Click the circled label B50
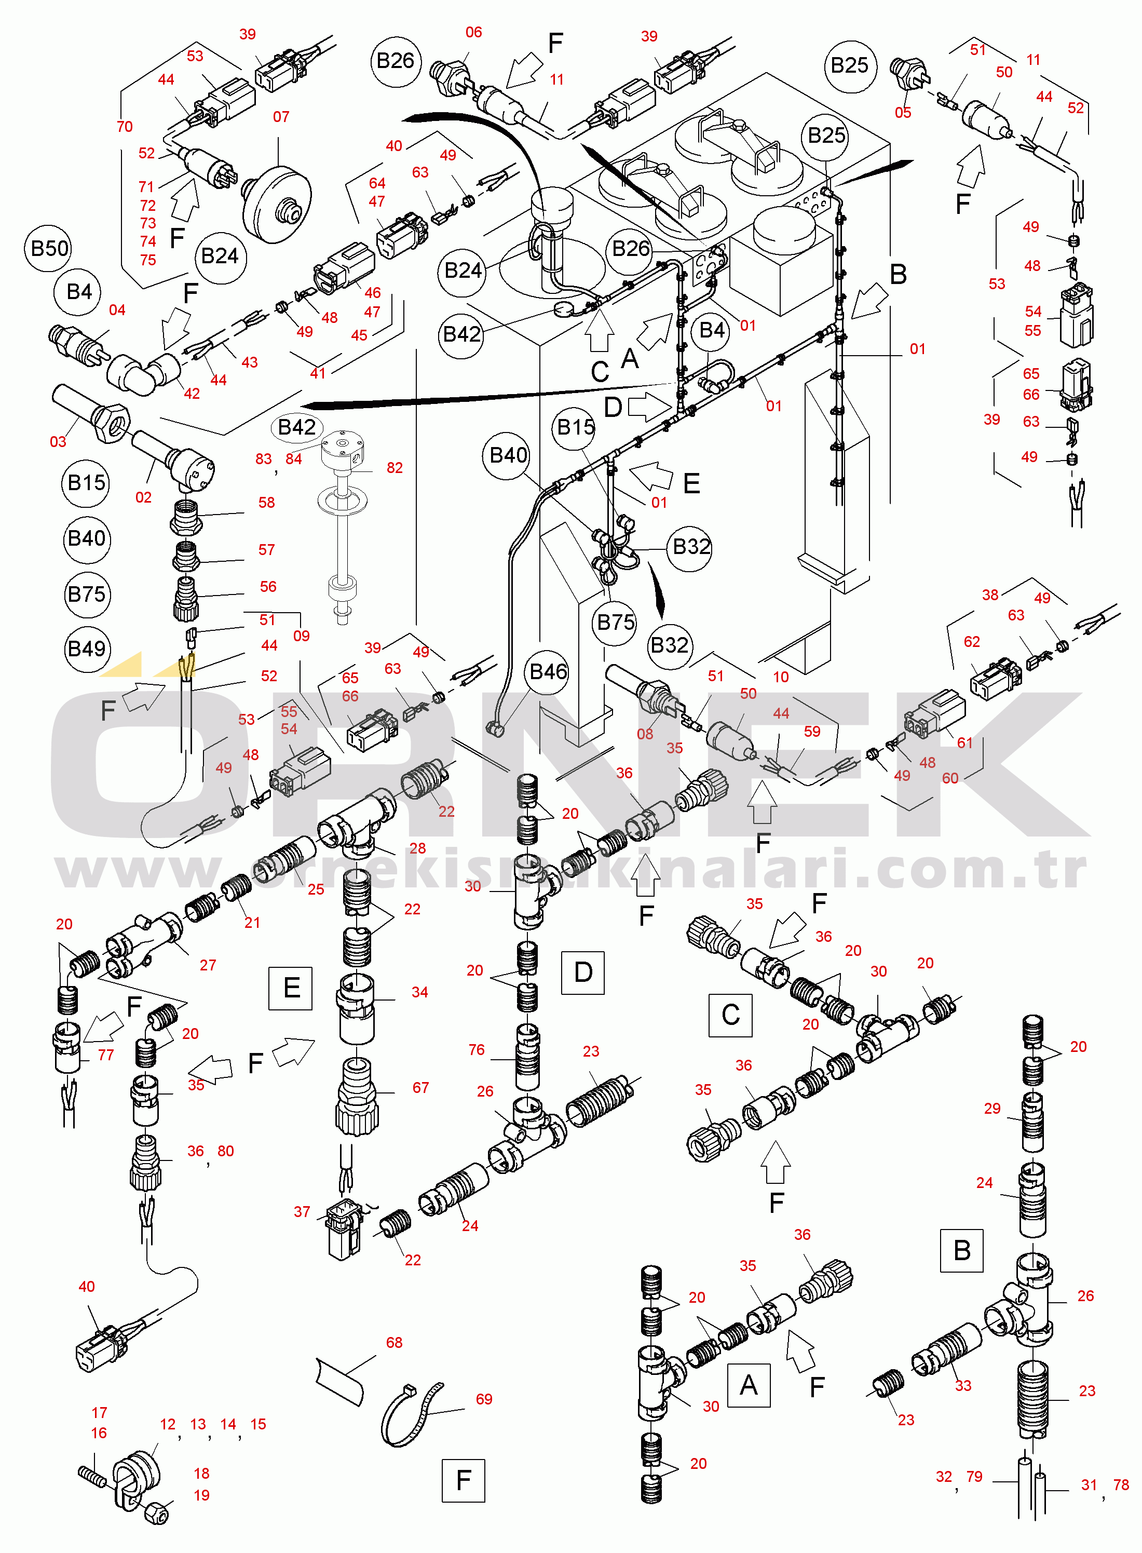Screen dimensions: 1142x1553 tap(50, 248)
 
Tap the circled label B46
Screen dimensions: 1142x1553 tap(548, 671)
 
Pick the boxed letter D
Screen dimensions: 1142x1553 tap(583, 972)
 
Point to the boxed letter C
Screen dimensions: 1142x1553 tap(731, 1015)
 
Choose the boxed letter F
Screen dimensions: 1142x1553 tap(463, 1480)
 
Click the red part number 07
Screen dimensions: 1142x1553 tap(281, 117)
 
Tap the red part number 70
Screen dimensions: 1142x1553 tap(125, 127)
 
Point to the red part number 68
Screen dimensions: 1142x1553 tap(394, 1342)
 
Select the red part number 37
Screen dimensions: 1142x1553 tap(302, 1211)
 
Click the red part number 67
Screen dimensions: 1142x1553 tap(420, 1088)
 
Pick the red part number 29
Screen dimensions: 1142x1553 tap(992, 1109)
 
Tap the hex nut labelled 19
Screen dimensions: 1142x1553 tap(157, 1514)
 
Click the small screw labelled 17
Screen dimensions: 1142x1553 tap(91, 1476)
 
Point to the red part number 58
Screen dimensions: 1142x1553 tap(267, 502)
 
